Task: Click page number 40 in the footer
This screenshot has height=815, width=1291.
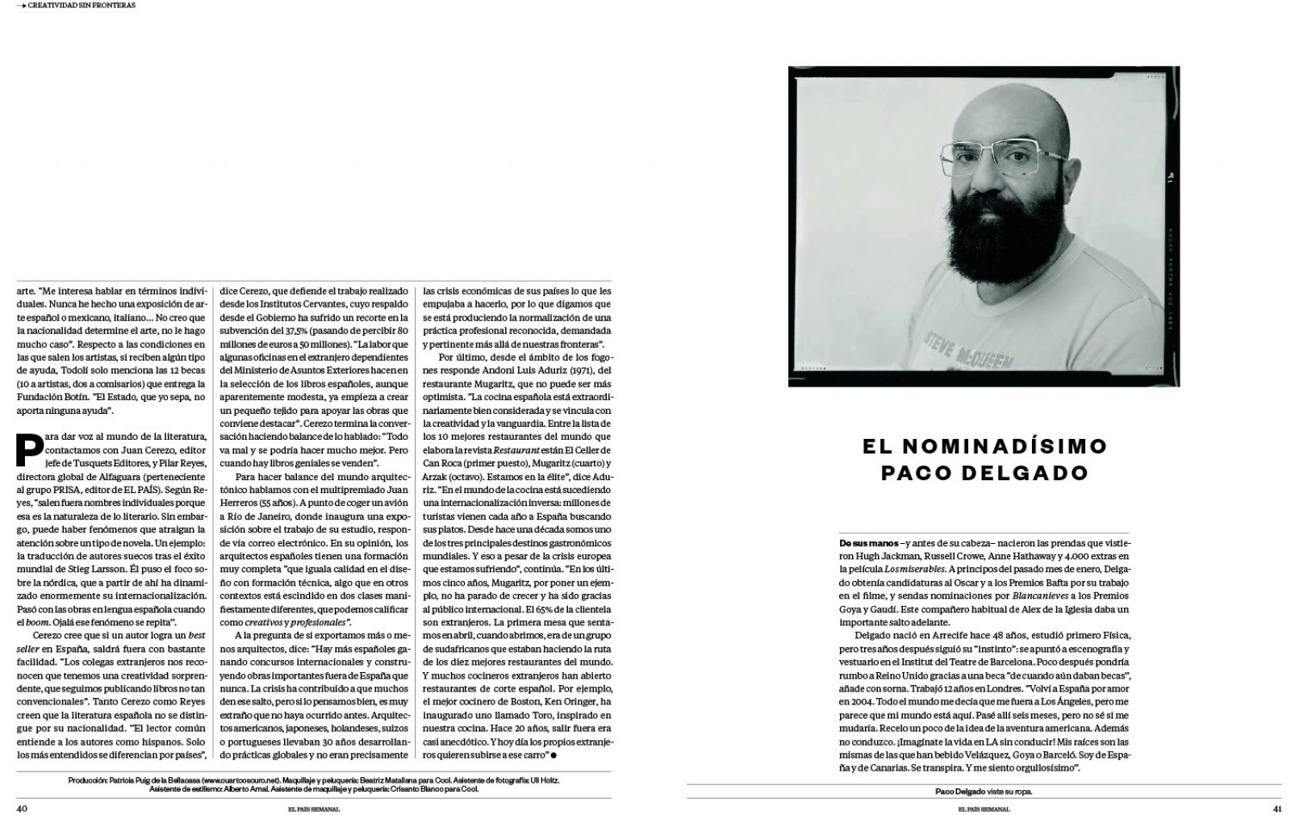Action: (x=23, y=808)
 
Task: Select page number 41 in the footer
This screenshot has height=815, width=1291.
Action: (x=1276, y=808)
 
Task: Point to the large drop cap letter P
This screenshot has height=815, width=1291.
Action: (x=30, y=449)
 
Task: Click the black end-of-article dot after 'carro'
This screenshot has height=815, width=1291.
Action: (x=554, y=755)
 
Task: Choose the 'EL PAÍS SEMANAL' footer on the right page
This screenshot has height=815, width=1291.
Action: (x=984, y=809)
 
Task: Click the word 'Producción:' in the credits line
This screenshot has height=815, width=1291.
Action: (x=90, y=780)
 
